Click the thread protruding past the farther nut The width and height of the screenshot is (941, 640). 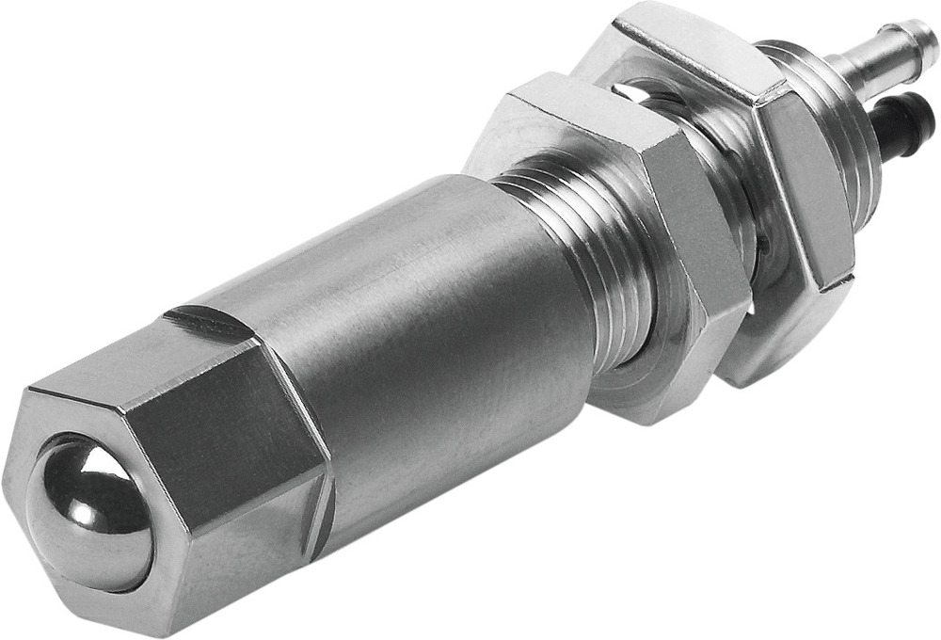[828, 113]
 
